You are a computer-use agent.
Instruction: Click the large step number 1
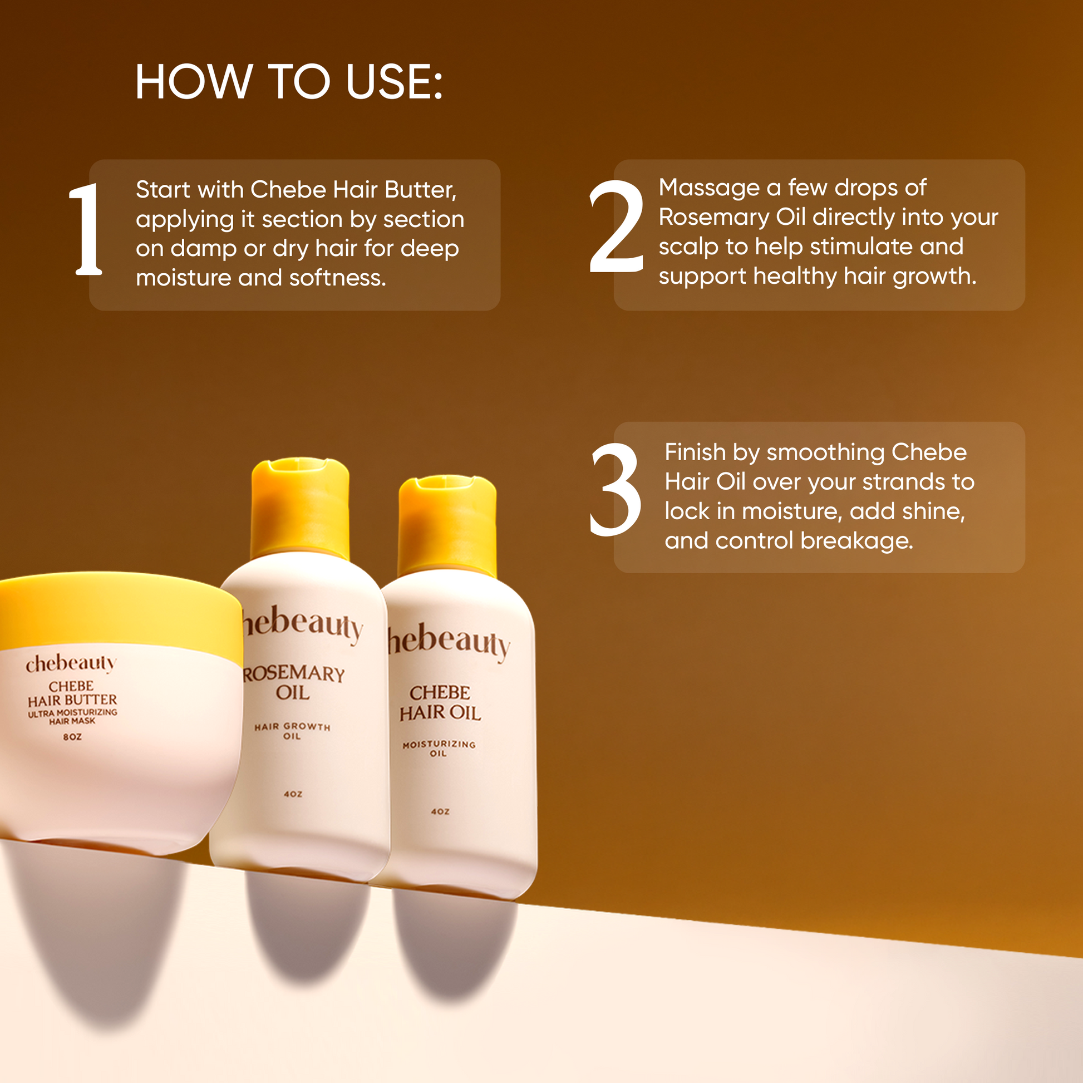[x=86, y=229]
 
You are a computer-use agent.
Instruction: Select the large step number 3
[x=616, y=489]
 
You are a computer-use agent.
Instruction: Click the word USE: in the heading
[x=394, y=82]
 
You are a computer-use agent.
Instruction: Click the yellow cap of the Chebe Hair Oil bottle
[x=447, y=526]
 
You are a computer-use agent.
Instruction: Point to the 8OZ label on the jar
[x=72, y=737]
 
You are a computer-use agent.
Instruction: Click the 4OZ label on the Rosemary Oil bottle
[x=293, y=794]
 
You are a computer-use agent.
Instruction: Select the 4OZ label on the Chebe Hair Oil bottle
[x=440, y=811]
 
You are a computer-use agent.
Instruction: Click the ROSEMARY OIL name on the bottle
[x=293, y=682]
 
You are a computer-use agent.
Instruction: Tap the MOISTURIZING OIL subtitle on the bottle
[x=439, y=749]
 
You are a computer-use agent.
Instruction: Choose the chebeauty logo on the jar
[x=71, y=663]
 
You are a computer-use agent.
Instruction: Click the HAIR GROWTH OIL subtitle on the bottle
[x=292, y=731]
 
